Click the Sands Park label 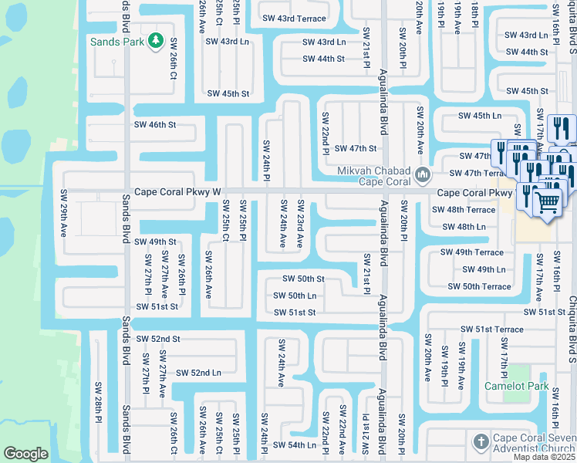coord(116,42)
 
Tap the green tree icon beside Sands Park coord(155,40)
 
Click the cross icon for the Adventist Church coord(480,441)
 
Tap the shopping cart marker coord(548,202)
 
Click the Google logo coord(25,454)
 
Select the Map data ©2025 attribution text coord(544,457)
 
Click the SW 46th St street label coord(155,124)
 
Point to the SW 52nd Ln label coord(198,373)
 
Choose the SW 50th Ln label coord(295,296)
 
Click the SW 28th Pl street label coord(98,400)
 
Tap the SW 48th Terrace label coord(464,210)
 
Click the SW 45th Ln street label coord(480,116)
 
